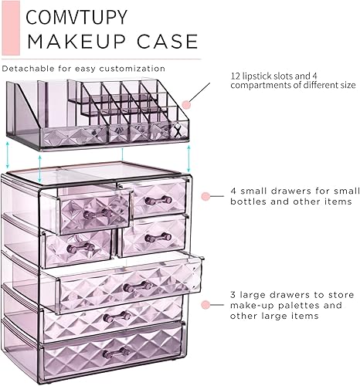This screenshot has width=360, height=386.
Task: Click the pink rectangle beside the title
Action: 10,27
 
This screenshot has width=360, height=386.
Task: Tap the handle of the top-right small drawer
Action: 158,201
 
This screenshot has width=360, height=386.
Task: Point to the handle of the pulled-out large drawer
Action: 138,286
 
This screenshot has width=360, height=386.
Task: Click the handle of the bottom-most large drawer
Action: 117,352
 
